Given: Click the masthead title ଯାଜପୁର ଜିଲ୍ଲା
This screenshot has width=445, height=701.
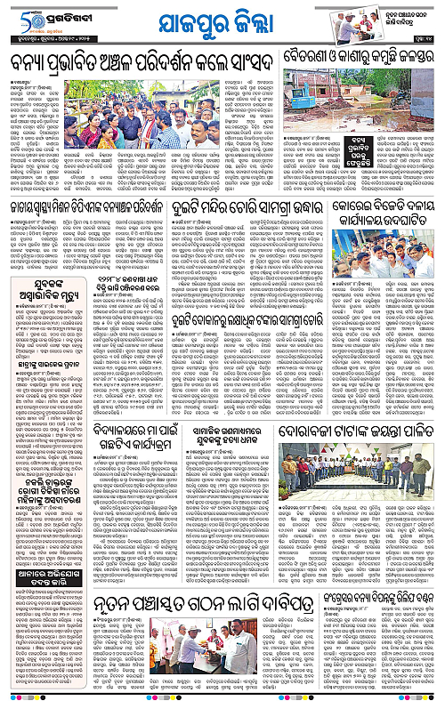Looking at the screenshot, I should (x=222, y=22).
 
